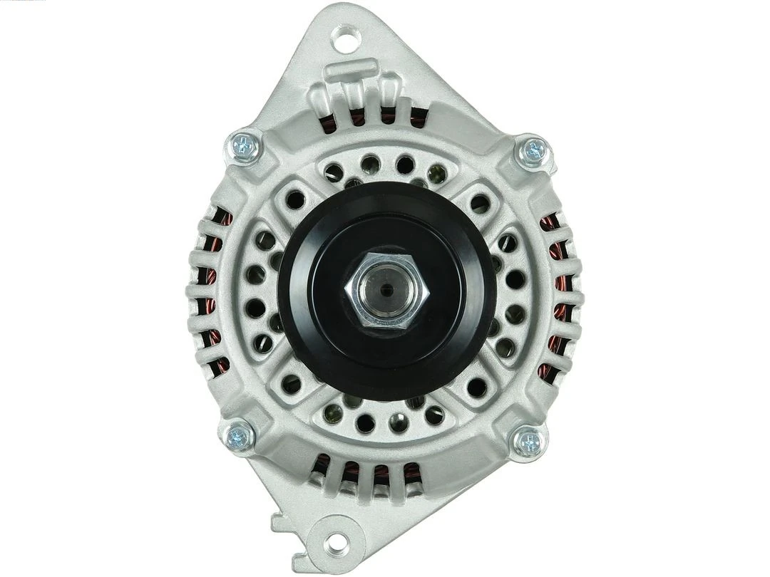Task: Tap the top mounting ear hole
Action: point(345,37)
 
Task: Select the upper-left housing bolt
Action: point(244,147)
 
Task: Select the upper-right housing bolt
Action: point(534,151)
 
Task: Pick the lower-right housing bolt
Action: point(530,440)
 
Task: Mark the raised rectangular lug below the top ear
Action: point(351,71)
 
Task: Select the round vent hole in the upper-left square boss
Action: point(294,200)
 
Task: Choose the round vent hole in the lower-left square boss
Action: point(291,384)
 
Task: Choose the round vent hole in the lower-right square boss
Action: point(476,388)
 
